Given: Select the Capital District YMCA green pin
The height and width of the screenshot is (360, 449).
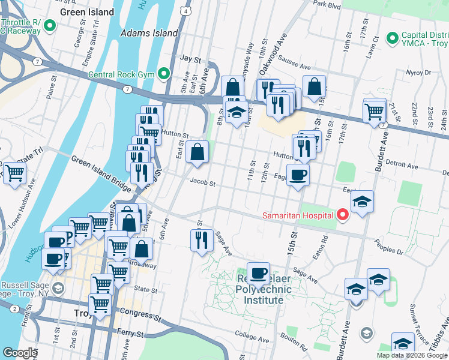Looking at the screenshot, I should (393, 38).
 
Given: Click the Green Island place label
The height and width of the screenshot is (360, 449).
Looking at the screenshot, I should (88, 12).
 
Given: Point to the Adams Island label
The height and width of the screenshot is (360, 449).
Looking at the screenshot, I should (149, 33).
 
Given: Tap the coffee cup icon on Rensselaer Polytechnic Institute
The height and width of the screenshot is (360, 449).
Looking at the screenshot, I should (258, 274).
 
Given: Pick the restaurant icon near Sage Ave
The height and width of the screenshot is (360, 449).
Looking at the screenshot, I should (201, 240).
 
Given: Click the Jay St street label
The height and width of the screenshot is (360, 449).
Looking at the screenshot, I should (190, 59).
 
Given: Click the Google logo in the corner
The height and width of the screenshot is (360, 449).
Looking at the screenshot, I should (20, 353).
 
